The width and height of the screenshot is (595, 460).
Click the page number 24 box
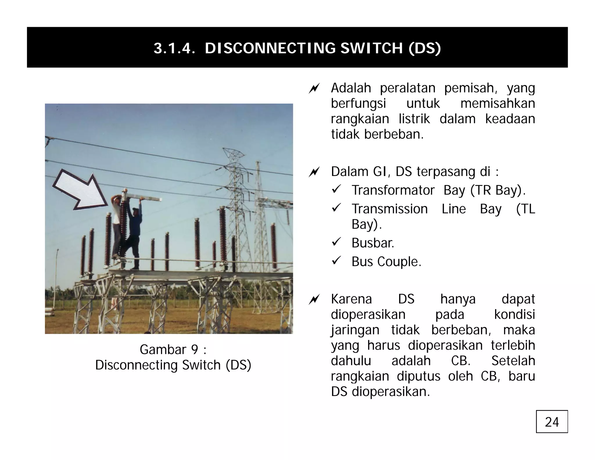click(x=551, y=421)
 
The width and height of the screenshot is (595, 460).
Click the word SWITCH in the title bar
click(x=371, y=48)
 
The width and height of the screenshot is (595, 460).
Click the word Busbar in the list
click(x=373, y=243)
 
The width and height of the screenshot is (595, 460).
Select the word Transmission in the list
click(x=389, y=209)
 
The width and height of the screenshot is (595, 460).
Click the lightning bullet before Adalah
click(x=314, y=88)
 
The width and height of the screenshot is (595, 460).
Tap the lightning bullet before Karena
click(x=314, y=299)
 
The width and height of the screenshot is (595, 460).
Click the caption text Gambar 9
click(x=173, y=350)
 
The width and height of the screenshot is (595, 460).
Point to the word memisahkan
click(x=497, y=104)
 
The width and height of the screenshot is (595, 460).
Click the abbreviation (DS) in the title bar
click(x=424, y=48)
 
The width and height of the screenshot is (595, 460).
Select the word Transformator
click(x=393, y=190)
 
